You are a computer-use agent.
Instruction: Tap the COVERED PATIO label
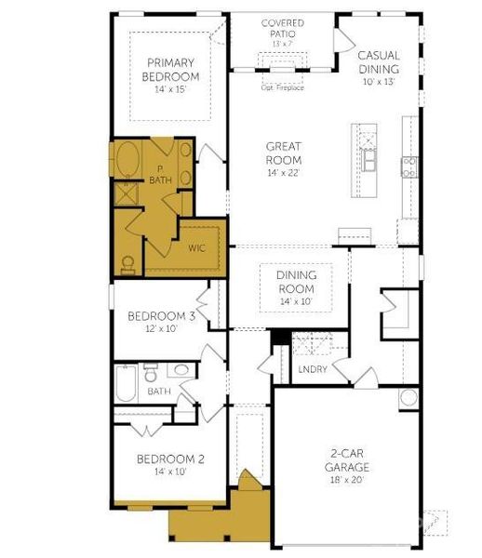[x=283, y=28]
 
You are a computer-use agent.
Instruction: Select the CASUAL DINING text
[x=378, y=62]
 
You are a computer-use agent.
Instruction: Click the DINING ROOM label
[x=296, y=282]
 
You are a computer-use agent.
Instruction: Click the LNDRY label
[x=312, y=369]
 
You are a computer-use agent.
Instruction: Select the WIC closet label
[x=196, y=248]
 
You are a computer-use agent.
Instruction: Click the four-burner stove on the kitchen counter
[x=409, y=166]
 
